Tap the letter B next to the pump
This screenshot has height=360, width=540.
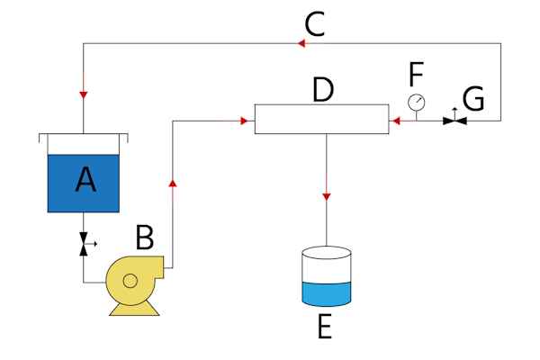[x=145, y=238]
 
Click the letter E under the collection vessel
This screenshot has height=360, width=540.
[x=324, y=326]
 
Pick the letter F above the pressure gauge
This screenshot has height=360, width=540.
[x=415, y=71]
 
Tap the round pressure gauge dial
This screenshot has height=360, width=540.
[x=416, y=102]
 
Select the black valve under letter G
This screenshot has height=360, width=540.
[x=454, y=120]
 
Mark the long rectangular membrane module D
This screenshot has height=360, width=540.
[x=321, y=119]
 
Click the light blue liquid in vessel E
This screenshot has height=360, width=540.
[x=324, y=294]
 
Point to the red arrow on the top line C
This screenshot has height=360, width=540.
[x=301, y=42]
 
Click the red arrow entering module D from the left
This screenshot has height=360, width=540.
[x=245, y=120]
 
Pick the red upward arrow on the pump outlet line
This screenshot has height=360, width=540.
[x=171, y=183]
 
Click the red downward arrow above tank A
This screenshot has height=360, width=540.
[x=84, y=94]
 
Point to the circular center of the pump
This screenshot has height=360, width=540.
[x=130, y=281]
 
